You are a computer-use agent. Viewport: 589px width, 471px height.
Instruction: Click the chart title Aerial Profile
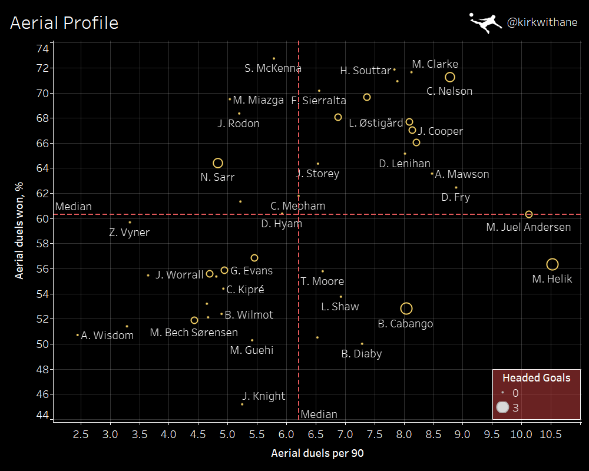pyautogui.click(x=64, y=23)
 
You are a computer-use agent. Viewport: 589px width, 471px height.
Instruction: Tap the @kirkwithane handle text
pyautogui.click(x=542, y=23)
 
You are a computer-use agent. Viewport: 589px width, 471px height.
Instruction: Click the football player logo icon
pyautogui.click(x=486, y=22)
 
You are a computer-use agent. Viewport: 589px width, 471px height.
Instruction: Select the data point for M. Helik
pyautogui.click(x=552, y=265)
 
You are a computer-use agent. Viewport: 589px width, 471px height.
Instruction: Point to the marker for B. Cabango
pyautogui.click(x=406, y=309)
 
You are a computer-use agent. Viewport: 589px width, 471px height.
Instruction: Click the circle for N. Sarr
pyautogui.click(x=218, y=163)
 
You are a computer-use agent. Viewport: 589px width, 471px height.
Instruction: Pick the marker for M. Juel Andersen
pyautogui.click(x=529, y=214)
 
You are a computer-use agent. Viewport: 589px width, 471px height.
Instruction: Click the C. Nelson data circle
pyautogui.click(x=450, y=77)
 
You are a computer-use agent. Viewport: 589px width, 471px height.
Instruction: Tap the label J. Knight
pyautogui.click(x=263, y=396)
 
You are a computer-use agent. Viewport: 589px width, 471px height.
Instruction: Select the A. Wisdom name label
pyautogui.click(x=107, y=336)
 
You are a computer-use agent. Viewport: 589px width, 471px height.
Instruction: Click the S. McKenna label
pyautogui.click(x=273, y=68)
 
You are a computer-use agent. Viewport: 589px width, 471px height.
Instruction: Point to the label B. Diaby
pyautogui.click(x=362, y=354)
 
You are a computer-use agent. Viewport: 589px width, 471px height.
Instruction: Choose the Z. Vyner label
pyautogui.click(x=130, y=233)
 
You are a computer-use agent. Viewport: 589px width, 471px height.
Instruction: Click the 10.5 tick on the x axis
pyautogui.click(x=551, y=436)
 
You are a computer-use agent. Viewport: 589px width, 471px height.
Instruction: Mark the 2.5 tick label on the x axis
pyautogui.click(x=81, y=436)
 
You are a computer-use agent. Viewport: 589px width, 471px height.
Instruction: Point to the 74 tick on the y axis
pyautogui.click(x=42, y=48)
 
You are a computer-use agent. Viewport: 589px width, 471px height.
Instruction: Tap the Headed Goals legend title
pyautogui.click(x=536, y=378)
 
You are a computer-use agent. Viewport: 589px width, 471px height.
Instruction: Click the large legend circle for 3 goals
pyautogui.click(x=502, y=407)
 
